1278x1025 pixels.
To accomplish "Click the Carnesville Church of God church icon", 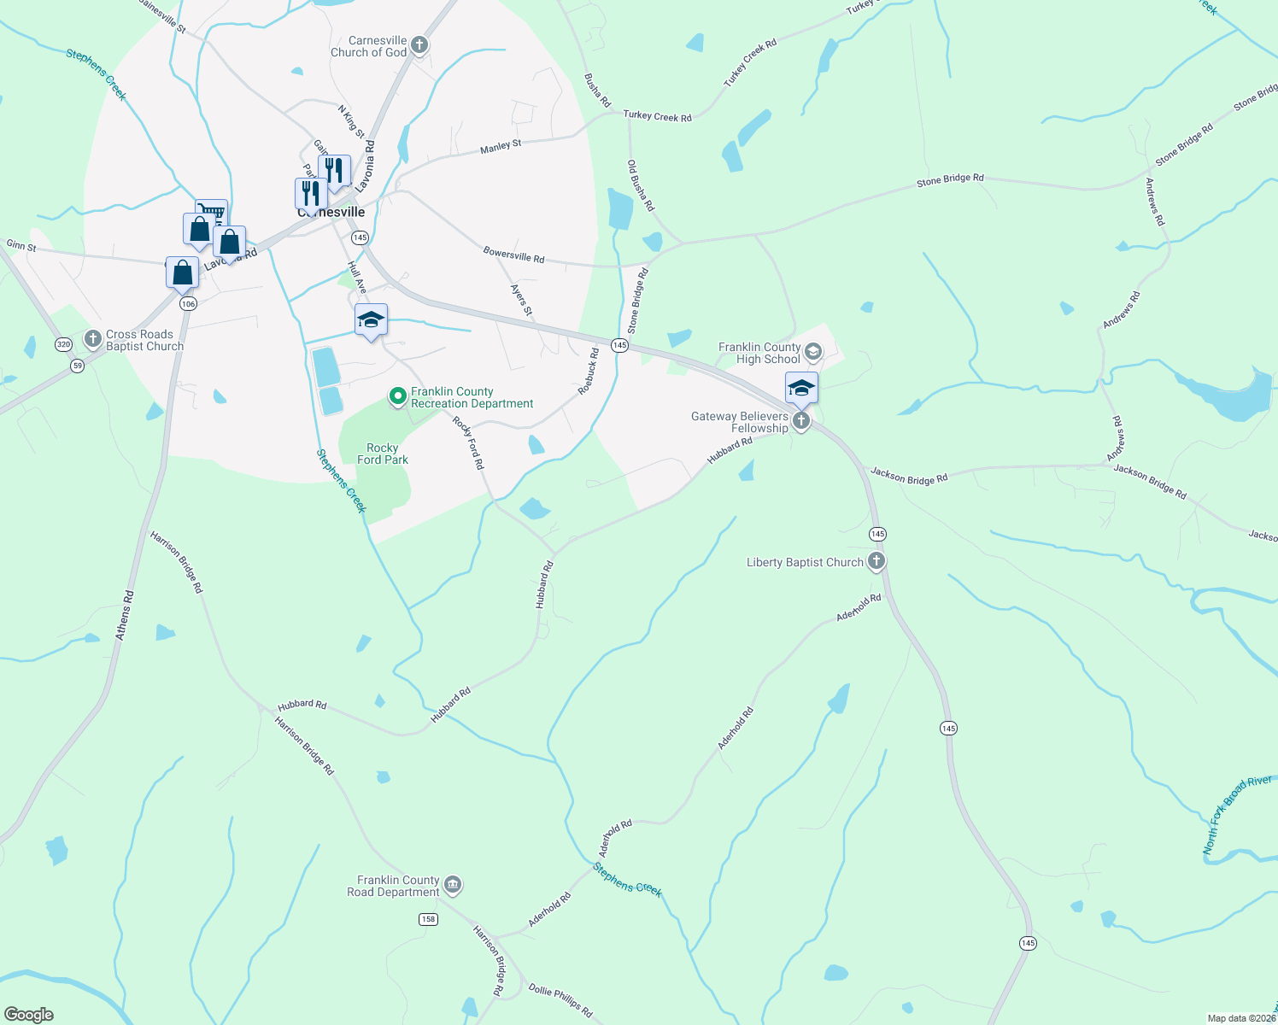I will click(x=419, y=45).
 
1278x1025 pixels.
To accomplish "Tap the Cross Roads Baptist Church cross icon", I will click(x=93, y=340).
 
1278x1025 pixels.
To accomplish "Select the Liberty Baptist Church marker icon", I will click(x=876, y=561).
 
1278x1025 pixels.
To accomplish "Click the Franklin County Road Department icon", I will click(x=453, y=885).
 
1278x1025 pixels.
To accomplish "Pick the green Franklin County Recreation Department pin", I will click(x=397, y=396).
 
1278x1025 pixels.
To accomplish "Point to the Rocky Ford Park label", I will click(x=383, y=454).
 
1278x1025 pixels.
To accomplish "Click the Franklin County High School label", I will click(x=759, y=353).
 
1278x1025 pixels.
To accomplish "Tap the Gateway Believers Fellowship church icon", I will click(x=800, y=420).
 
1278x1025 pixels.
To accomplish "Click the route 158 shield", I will click(x=428, y=919).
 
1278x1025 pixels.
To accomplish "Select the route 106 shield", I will click(x=188, y=303).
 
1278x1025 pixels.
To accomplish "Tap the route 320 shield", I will click(x=63, y=344).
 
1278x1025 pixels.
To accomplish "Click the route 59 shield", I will click(x=78, y=366).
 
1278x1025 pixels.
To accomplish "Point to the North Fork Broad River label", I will click(x=1236, y=816).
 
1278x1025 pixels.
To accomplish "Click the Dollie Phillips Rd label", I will click(x=560, y=1000).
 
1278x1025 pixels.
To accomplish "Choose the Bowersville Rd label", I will click(x=513, y=255).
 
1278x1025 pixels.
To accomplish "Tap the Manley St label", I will click(x=501, y=147).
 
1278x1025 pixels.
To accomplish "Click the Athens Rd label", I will click(x=125, y=615).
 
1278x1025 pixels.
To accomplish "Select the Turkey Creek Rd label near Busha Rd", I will click(x=657, y=116).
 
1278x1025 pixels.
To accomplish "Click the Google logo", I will click(x=28, y=1015).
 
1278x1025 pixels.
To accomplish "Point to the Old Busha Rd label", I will click(x=641, y=185).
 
